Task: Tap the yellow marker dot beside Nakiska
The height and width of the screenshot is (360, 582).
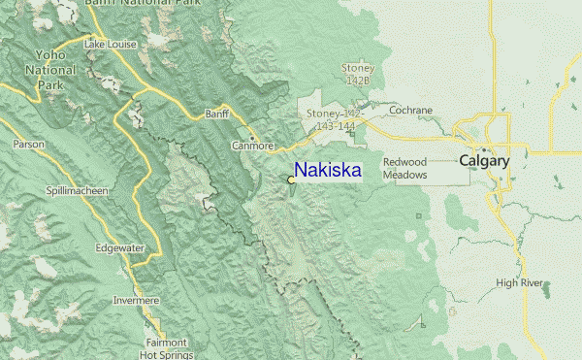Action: [x=291, y=180]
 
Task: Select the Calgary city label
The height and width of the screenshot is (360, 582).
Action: [x=484, y=161]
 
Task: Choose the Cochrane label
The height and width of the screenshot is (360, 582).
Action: [x=410, y=110]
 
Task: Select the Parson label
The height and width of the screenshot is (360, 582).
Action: [x=29, y=144]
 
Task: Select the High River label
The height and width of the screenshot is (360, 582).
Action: [x=518, y=283]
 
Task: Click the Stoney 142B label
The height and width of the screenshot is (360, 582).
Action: [x=357, y=74]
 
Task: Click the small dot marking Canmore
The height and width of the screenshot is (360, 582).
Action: [x=252, y=139]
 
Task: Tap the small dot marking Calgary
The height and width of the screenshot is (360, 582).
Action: [x=484, y=150]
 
